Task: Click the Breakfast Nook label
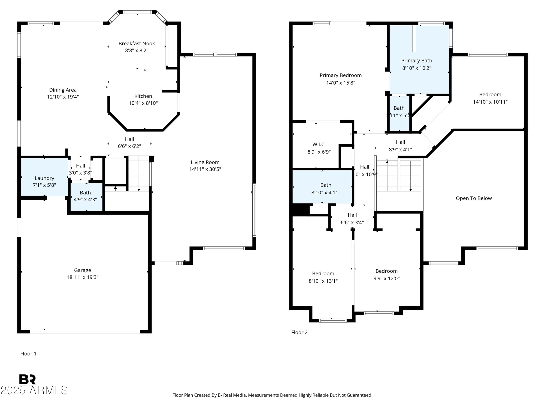(x=137, y=44)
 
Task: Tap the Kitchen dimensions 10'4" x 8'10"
(x=143, y=103)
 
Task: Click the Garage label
(x=83, y=270)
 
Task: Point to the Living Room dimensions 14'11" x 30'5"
(x=205, y=169)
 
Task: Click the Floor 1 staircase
(x=139, y=173)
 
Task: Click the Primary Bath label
(x=416, y=61)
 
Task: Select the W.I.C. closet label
(x=319, y=145)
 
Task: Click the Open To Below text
(x=474, y=198)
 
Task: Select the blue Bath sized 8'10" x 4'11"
(x=326, y=188)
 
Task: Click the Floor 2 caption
(x=299, y=332)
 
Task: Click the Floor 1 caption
(x=28, y=354)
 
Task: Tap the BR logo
(x=27, y=380)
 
